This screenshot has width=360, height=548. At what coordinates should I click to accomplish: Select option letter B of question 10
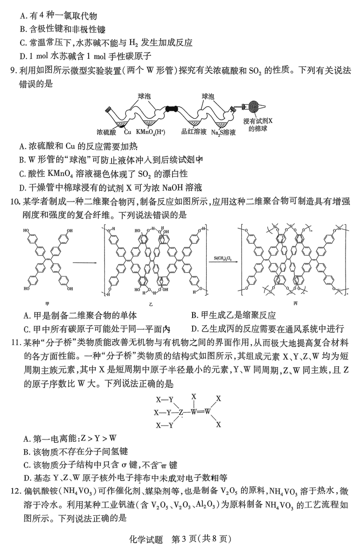tap(194, 315)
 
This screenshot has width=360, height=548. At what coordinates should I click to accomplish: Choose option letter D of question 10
tap(194, 329)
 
